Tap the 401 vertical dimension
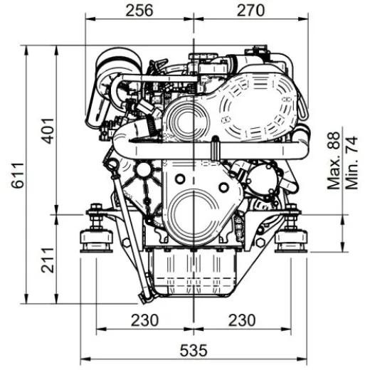coord(46,129)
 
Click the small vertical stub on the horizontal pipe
coord(213,150)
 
